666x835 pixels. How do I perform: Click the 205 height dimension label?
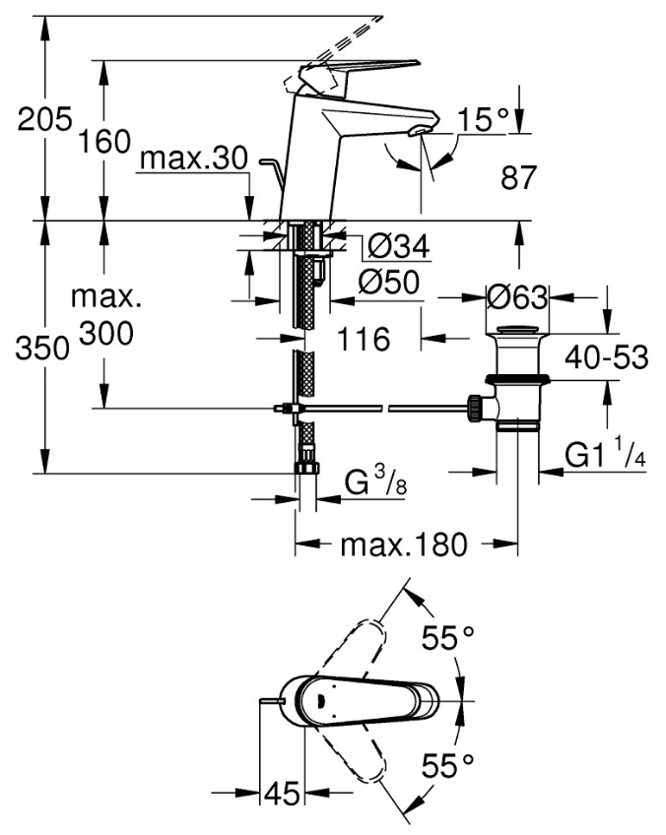(44, 119)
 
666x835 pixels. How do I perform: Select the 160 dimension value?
(104, 142)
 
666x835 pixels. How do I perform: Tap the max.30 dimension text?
(194, 159)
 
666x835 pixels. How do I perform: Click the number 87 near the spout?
(518, 177)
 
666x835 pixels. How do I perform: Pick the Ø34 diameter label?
(399, 246)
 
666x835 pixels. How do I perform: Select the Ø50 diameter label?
(389, 283)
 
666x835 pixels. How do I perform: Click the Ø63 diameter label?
(517, 297)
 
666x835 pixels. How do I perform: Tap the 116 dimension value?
(365, 338)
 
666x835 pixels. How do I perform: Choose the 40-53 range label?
(607, 356)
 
